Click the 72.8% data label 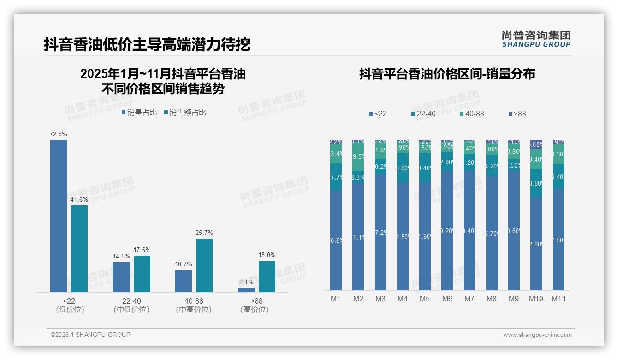pyautogui.click(x=59, y=134)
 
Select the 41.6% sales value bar pyautogui.click(x=79, y=248)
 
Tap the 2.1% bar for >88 pyautogui.click(x=246, y=290)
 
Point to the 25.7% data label pyautogui.click(x=204, y=233)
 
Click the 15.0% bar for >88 pyautogui.click(x=267, y=276)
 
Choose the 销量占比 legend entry pyautogui.click(x=139, y=113)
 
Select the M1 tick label pyautogui.click(x=336, y=299)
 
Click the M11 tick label pyautogui.click(x=559, y=299)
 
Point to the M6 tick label pyautogui.click(x=447, y=299)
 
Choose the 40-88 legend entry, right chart pyautogui.click(x=472, y=114)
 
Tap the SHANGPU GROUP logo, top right pyautogui.click(x=536, y=39)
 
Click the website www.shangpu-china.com pyautogui.click(x=537, y=335)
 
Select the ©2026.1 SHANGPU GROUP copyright pyautogui.click(x=90, y=335)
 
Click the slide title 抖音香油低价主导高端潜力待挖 pyautogui.click(x=147, y=44)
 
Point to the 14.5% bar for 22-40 pyautogui.click(x=121, y=277)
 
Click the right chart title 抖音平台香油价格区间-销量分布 pyautogui.click(x=447, y=74)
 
